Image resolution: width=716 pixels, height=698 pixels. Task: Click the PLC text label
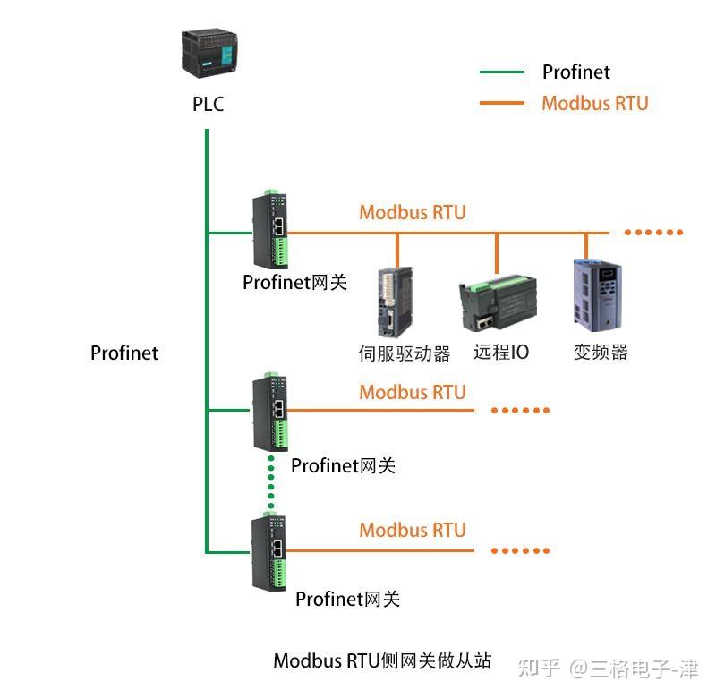pos(209,105)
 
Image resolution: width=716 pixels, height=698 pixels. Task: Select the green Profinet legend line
pos(501,72)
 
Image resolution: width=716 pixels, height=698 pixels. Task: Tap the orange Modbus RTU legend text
pos(594,103)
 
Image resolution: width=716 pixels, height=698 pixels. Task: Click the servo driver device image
pos(395,302)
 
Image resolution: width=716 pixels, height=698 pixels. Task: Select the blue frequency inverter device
pos(597,296)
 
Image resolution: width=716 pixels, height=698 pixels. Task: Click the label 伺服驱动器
pos(405,353)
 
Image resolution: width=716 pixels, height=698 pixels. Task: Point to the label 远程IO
pos(501,352)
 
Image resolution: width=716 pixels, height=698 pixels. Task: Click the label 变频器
pos(601,352)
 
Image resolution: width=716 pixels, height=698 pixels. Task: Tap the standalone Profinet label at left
pos(124,353)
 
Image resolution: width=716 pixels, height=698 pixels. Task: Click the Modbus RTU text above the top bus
pos(413,213)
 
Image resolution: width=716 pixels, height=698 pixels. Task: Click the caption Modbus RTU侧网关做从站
pos(382,661)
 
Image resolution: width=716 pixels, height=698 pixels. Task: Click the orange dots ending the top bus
pos(653,233)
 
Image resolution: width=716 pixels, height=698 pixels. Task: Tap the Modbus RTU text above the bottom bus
pos(413,530)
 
